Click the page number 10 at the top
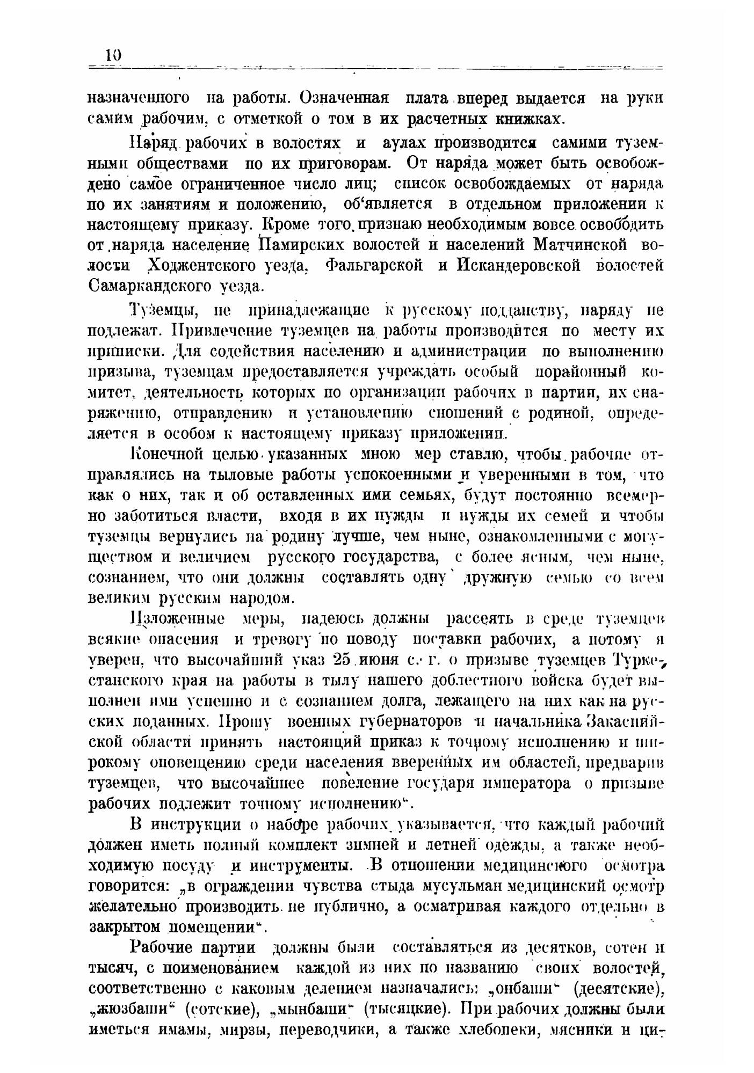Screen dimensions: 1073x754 click(x=113, y=55)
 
